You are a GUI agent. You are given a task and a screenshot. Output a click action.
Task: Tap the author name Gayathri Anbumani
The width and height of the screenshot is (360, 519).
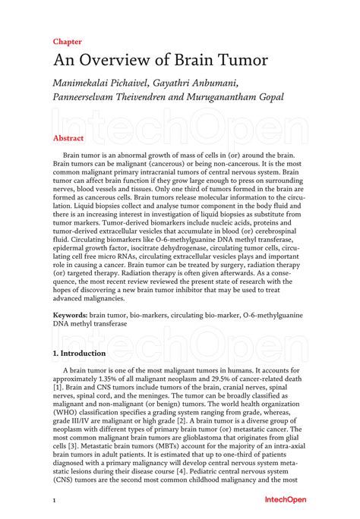(x=205, y=83)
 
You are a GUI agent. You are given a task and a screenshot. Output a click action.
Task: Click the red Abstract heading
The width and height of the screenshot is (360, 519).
(x=68, y=139)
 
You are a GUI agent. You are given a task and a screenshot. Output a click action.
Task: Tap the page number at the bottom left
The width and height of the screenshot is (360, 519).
(x=54, y=502)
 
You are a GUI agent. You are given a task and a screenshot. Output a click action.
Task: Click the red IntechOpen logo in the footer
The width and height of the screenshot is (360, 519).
(x=285, y=502)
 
